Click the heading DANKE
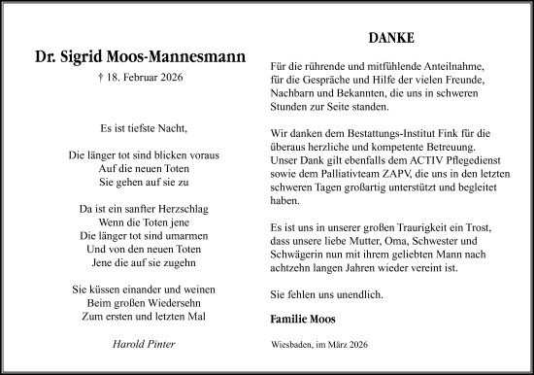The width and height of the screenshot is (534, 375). [x=392, y=40]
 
